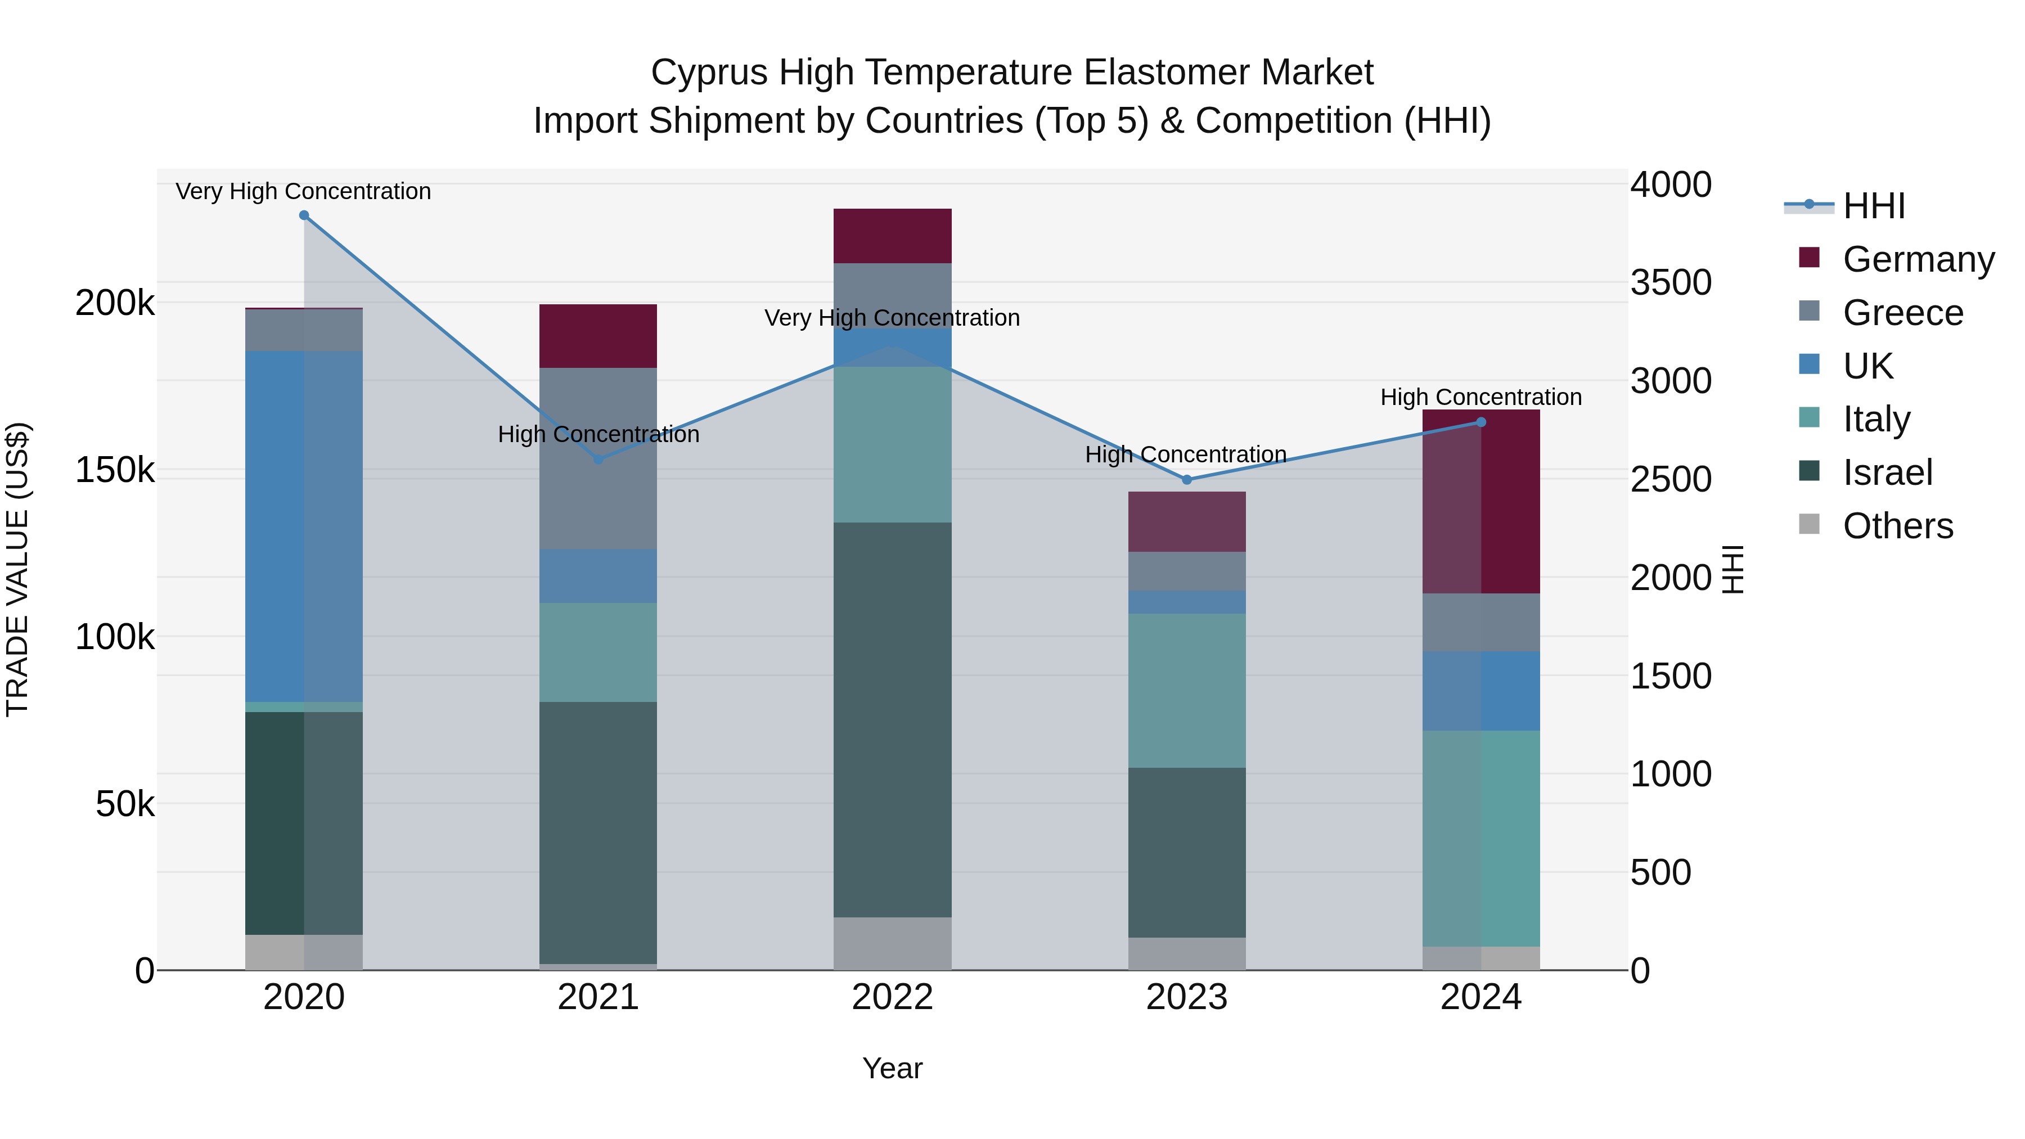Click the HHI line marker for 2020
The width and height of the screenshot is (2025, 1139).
tap(304, 215)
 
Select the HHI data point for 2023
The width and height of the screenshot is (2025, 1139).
tap(1187, 479)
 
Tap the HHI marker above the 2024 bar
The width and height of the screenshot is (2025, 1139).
tap(1481, 422)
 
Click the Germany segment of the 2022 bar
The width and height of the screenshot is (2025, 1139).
tap(892, 236)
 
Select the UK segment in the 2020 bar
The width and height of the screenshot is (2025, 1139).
tap(304, 526)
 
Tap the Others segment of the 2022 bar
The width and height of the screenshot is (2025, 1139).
tap(892, 943)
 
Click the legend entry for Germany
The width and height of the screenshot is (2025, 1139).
tap(1918, 259)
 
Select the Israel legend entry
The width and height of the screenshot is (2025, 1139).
tap(1887, 472)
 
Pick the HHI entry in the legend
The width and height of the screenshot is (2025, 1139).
tap(1873, 206)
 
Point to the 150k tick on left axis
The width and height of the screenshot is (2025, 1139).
tap(115, 470)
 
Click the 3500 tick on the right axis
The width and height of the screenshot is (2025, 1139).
tap(1671, 282)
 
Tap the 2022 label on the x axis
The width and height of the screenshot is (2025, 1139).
tap(892, 997)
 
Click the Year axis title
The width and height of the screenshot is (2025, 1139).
tap(892, 1068)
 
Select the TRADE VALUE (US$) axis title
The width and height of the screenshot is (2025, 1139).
tap(17, 569)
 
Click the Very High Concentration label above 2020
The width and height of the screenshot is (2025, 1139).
tap(303, 191)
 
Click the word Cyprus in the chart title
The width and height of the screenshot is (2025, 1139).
tap(708, 73)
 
